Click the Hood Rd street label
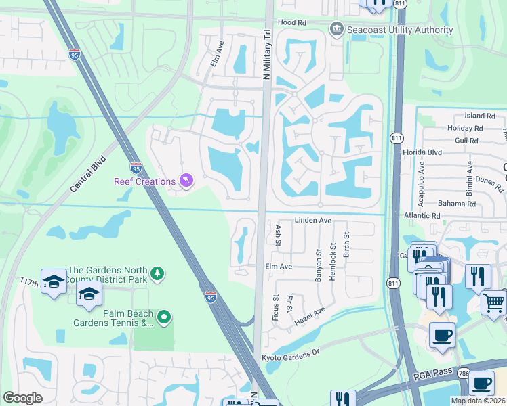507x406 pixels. click(292, 22)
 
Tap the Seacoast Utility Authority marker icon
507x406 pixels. click(336, 30)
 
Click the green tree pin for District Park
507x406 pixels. click(158, 273)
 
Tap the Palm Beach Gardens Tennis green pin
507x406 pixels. click(164, 317)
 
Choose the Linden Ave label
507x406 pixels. click(312, 221)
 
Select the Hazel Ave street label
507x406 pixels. click(310, 317)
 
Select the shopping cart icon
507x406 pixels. click(494, 303)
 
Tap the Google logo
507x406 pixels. click(22, 398)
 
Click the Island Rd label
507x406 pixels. click(481, 116)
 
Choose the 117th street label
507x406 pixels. click(30, 280)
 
